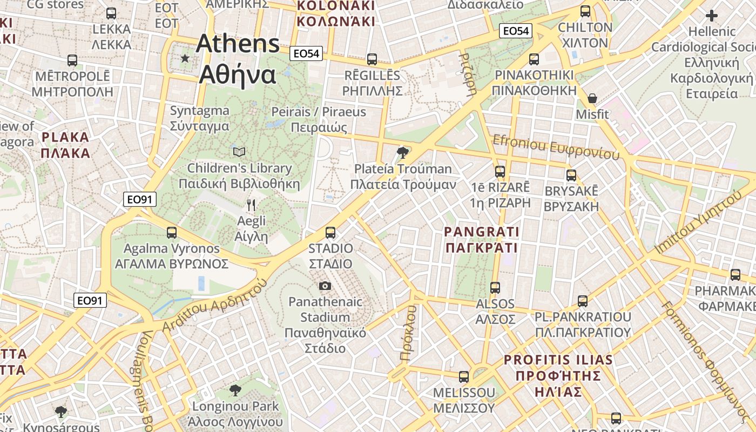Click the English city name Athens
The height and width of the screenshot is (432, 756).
coord(238,44)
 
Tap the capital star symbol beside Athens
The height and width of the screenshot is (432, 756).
coord(185,58)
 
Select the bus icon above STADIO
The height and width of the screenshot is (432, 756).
coord(330,233)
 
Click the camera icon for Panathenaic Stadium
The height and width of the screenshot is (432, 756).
coord(325,286)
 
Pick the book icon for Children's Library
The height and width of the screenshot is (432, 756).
coord(239,152)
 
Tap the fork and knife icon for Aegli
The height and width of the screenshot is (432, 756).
coord(251,205)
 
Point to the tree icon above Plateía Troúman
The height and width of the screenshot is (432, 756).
coord(402,153)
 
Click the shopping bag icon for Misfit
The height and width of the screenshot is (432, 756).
coord(592,98)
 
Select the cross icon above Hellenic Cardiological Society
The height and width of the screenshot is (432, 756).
coord(712,16)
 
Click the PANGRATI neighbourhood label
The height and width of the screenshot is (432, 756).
coord(481,232)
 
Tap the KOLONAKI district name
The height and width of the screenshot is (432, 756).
coord(335,6)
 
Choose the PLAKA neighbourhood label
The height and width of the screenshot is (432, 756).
coord(65,137)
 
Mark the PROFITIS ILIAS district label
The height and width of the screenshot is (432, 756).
coord(558,360)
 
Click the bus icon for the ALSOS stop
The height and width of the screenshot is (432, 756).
coord(495,288)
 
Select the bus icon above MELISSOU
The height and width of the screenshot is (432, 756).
coord(464,376)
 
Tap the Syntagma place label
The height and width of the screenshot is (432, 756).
coord(200,111)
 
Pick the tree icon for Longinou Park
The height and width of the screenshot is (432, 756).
coord(235,390)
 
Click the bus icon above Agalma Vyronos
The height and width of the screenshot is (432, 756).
coord(172,233)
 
